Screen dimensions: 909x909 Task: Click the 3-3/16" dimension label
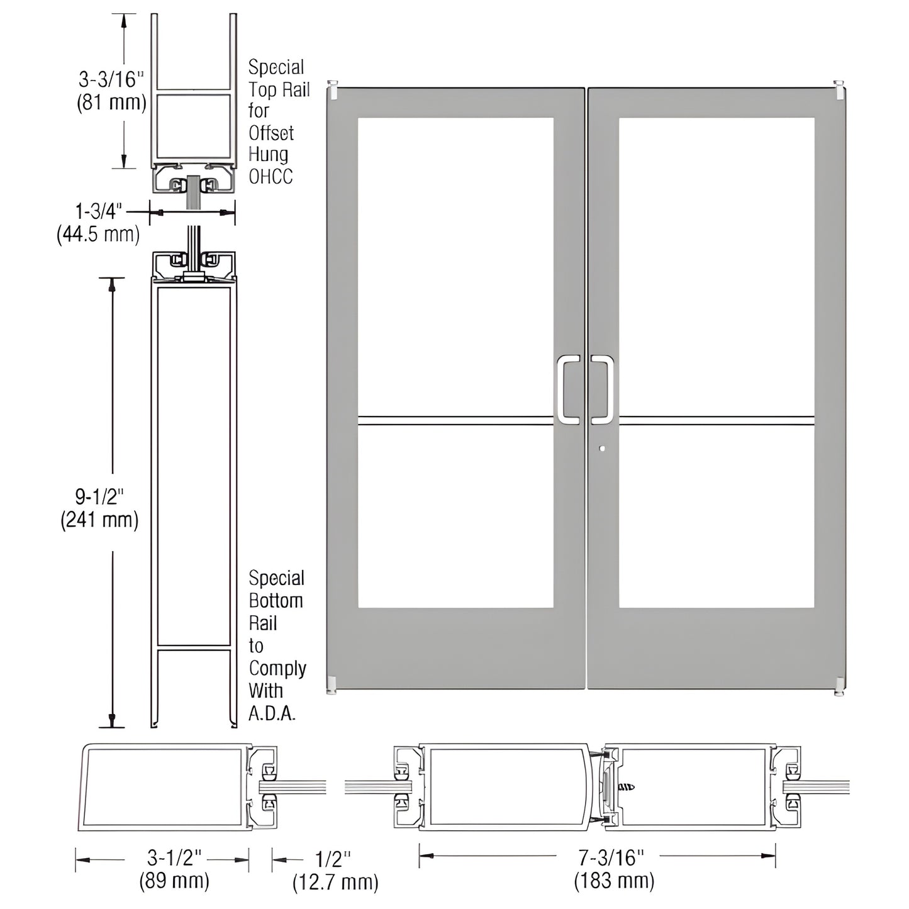pos(111,79)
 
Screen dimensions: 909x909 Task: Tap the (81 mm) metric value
pos(111,102)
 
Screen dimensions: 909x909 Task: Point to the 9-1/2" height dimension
pos(100,497)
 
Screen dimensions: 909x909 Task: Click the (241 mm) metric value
pos(99,520)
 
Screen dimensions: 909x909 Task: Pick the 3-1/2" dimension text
pos(174,857)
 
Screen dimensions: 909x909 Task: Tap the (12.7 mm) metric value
pos(335,882)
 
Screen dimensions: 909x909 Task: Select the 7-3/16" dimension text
pos(612,857)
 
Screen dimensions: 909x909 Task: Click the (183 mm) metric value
pos(613,881)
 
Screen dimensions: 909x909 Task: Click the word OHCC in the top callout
pos(270,177)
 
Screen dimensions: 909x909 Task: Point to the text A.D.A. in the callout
pos(272,713)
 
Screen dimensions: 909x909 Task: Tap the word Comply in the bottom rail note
pos(277,668)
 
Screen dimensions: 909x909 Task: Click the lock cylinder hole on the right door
pos(603,449)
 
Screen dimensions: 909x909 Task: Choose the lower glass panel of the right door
pos(717,516)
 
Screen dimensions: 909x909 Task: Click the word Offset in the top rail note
pos(271,133)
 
